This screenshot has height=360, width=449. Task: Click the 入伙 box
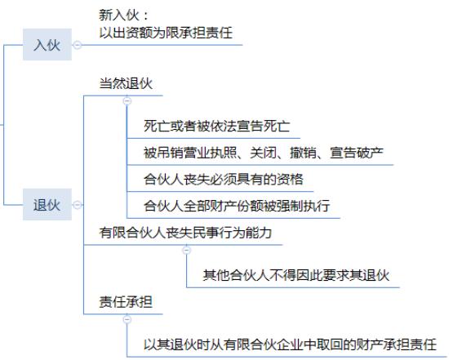47,45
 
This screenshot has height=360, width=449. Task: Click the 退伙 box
47,204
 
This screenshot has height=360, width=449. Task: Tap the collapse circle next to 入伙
78,45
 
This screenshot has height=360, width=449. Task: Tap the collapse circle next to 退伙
78,205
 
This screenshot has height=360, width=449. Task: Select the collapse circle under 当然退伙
127,100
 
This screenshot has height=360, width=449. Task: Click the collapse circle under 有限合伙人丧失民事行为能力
186,251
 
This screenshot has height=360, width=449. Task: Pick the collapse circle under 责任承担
127,319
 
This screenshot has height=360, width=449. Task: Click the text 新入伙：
124,15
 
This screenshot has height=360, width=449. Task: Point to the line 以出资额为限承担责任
166,33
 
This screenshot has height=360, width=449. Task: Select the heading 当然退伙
126,83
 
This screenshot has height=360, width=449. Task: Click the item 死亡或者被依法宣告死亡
217,127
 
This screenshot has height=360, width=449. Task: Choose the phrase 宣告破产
357,153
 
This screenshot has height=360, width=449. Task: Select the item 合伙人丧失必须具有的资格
224,180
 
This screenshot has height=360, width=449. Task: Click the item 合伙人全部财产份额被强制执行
237,206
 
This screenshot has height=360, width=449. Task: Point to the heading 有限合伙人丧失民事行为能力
185,233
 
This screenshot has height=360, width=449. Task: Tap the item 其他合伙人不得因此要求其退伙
296,275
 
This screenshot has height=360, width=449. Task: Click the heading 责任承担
126,302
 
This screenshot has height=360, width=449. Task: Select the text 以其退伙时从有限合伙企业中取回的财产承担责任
290,344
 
